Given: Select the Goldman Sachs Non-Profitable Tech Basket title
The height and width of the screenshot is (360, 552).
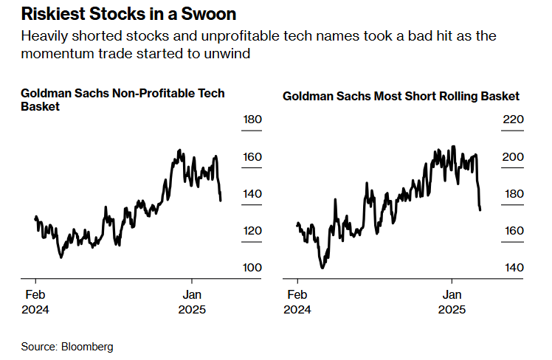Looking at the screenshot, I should click(123, 100).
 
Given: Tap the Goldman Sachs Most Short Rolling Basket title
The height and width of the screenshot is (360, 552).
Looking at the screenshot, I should click(401, 96).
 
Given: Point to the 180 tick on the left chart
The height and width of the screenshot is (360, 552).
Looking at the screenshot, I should click(252, 120).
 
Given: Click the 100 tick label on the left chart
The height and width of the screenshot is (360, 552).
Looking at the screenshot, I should click(252, 267).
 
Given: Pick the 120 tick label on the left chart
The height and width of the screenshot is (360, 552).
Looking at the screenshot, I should click(252, 231).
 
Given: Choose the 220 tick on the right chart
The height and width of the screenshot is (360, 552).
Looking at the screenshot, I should click(514, 120).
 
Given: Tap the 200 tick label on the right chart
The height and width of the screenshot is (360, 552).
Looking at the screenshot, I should click(514, 157).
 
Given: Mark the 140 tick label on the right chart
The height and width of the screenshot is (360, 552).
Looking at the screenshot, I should click(514, 267).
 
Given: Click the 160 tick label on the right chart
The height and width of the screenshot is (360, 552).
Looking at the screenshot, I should click(514, 231).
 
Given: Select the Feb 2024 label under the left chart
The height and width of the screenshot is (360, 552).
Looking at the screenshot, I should click(35, 302).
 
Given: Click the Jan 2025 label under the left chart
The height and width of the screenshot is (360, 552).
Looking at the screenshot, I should click(193, 302).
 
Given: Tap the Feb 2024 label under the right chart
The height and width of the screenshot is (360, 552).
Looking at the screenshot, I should click(297, 302).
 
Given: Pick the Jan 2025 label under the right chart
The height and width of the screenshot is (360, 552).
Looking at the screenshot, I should click(451, 302).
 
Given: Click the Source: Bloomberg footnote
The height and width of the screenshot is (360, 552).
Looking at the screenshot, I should click(67, 346).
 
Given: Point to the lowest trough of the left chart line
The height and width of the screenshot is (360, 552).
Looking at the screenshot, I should click(61, 257).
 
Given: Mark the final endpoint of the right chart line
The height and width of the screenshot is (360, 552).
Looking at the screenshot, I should click(480, 210).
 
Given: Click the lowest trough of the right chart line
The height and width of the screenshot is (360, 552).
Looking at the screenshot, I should click(322, 267).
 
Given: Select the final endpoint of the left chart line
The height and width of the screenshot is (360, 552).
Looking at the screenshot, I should click(221, 200).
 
